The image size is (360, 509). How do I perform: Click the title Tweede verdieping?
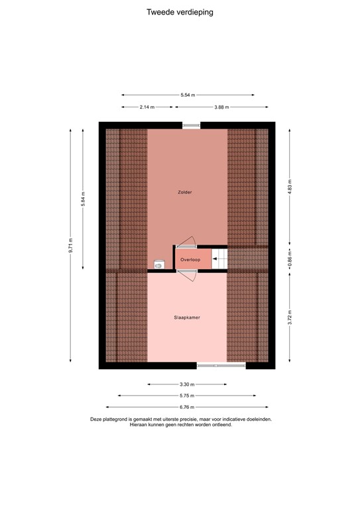click(180, 12)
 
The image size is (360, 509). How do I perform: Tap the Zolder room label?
click(184, 192)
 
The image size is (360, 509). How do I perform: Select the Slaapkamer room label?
click(187, 317)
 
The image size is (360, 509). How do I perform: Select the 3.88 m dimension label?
click(223, 107)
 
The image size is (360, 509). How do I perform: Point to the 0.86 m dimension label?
click(289, 258)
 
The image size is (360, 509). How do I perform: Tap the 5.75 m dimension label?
click(188, 396)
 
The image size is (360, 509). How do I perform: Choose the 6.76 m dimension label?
click(188, 408)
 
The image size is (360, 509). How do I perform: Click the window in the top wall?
click(192, 125)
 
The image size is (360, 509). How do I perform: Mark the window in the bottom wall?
click(221, 365)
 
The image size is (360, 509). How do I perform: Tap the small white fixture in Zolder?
click(158, 264)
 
